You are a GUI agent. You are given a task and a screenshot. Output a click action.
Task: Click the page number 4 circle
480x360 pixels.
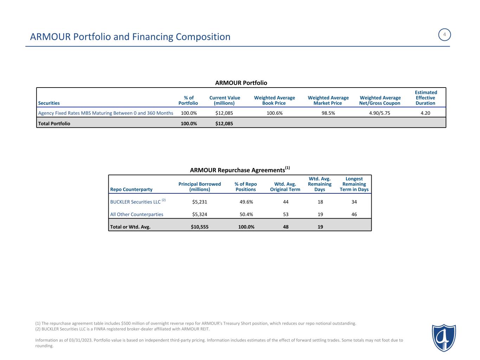pos(444,35)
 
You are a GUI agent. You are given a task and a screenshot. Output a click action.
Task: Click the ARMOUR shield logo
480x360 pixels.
pos(444,337)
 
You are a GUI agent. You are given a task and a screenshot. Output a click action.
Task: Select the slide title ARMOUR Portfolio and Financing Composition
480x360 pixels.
pos(130,37)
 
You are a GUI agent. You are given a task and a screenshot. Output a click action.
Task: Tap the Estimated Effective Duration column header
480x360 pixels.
pos(425,98)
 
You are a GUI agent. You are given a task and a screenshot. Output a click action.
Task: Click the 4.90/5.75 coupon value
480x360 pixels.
pos(380,113)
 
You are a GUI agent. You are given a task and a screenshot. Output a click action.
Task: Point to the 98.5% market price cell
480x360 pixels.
pos(328,113)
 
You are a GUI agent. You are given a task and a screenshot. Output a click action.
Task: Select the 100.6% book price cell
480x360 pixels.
pos(275,113)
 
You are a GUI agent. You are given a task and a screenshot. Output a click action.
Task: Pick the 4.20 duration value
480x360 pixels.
pos(425,113)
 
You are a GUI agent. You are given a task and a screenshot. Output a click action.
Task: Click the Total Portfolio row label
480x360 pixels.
pos(54,124)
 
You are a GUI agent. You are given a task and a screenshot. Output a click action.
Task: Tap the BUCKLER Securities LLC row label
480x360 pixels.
pos(135,202)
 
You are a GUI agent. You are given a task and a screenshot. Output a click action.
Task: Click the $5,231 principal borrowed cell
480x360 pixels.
pos(199,202)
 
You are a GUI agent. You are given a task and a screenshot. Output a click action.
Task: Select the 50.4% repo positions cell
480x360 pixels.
pos(246,214)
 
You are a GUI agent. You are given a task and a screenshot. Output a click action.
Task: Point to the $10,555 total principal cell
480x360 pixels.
pos(199,227)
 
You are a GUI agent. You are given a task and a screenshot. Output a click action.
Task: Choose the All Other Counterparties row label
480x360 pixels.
pos(137,214)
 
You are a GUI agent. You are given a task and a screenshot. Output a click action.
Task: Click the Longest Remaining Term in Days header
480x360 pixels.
pos(354,184)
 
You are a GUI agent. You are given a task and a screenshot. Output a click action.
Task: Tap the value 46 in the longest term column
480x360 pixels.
pos(354,214)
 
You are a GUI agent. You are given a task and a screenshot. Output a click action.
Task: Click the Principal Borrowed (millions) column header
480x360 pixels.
pos(199,187)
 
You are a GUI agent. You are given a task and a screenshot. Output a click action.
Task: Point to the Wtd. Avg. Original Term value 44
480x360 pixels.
pos(286,202)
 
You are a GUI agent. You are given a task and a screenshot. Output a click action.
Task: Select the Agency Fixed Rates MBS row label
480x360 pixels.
pos(105,113)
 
